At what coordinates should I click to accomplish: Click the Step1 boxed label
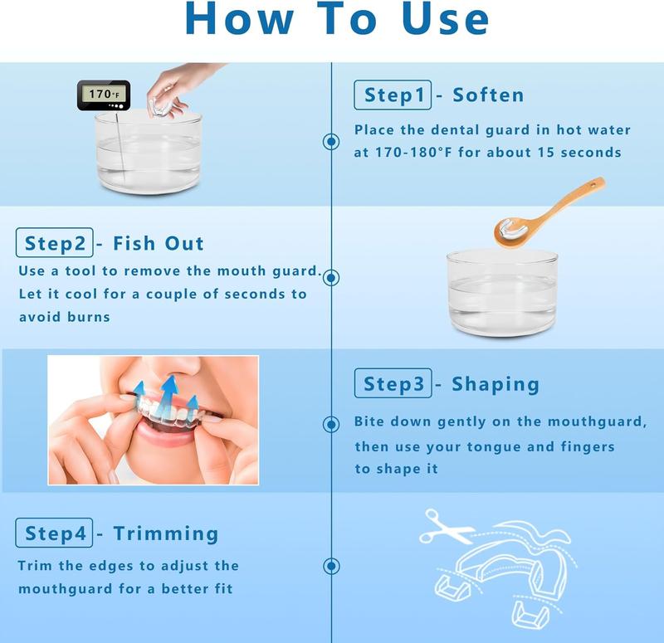pyautogui.click(x=393, y=95)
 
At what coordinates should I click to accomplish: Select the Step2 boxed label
pyautogui.click(x=54, y=242)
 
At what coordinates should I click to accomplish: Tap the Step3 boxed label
pyautogui.click(x=393, y=383)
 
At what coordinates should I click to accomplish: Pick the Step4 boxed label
pyautogui.click(x=54, y=533)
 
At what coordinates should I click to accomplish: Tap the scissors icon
pyautogui.click(x=445, y=527)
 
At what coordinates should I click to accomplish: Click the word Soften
pyautogui.click(x=488, y=95)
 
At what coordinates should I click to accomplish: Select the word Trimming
pyautogui.click(x=166, y=533)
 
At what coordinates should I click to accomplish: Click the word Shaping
pyautogui.click(x=496, y=384)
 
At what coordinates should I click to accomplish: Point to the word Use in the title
pyautogui.click(x=445, y=19)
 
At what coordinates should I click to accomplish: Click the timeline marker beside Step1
pyautogui.click(x=331, y=141)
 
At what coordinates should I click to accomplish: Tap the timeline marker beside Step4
pyautogui.click(x=331, y=566)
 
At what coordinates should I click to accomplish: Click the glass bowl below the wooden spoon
pyautogui.click(x=502, y=293)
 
